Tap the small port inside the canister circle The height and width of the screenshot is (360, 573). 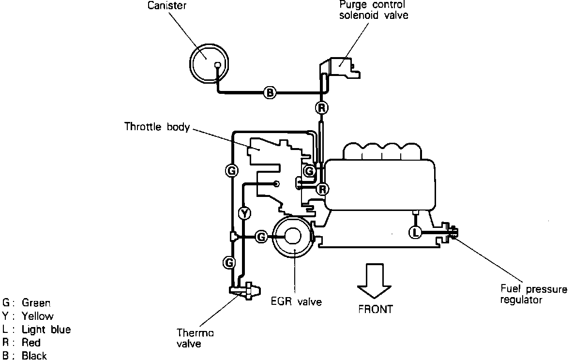point(218,65)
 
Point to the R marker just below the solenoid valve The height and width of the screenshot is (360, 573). point(321,107)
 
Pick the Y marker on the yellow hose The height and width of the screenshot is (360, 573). point(245,213)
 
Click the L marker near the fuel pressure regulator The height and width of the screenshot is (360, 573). point(415,232)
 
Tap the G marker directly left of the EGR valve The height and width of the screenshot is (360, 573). point(261,237)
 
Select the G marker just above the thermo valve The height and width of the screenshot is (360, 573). point(229,262)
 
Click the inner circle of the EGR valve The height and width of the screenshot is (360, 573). point(294,236)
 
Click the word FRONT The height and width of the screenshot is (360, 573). point(376,309)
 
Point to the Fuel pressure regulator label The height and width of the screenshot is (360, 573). point(533,295)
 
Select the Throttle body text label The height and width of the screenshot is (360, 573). point(157,127)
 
